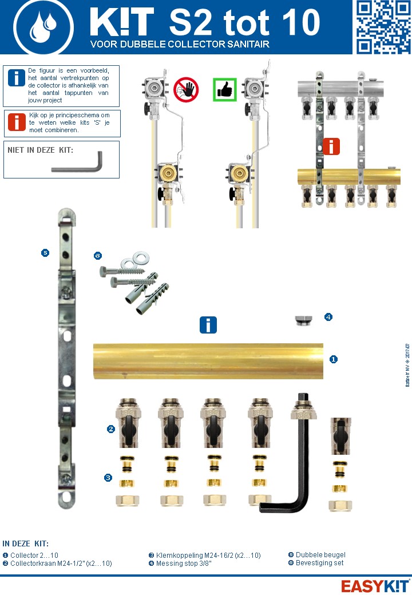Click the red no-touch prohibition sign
point(185,90)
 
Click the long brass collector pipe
point(208,360)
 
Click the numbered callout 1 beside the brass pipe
point(333,359)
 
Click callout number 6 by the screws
point(98,256)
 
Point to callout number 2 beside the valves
point(112,429)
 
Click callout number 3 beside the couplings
point(108,477)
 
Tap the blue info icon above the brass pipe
point(208,325)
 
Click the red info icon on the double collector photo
point(331,146)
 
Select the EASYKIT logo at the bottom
point(374,585)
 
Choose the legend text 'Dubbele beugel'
point(320,555)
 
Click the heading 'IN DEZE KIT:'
point(26,544)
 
